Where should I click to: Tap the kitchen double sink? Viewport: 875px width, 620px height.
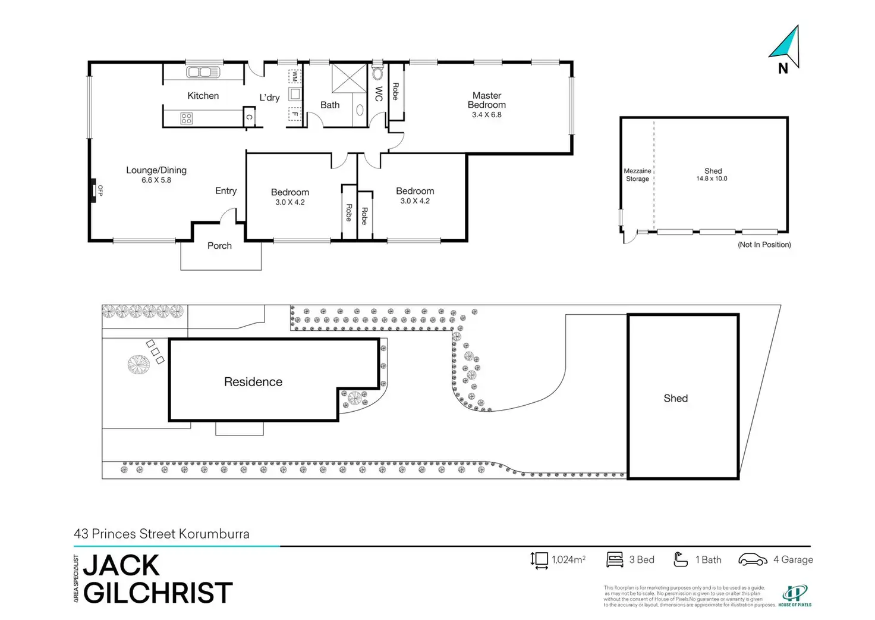[203, 73]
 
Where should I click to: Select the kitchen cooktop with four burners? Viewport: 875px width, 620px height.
[186, 118]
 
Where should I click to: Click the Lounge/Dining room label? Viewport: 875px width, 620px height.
[156, 170]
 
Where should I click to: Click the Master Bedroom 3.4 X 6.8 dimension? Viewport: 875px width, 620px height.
[487, 115]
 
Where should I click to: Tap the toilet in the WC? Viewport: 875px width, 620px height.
[377, 74]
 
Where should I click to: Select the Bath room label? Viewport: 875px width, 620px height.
[330, 105]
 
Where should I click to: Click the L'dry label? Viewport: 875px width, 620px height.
[269, 98]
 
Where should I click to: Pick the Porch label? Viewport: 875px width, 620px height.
[219, 246]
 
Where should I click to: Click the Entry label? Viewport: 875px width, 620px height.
[226, 191]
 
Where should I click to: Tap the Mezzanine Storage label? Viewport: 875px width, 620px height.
[637, 175]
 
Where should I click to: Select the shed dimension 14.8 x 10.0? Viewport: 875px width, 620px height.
[712, 179]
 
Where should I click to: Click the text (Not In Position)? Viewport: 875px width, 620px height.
[764, 245]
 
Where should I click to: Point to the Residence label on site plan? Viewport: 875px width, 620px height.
[253, 382]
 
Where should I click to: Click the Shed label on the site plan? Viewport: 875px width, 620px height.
[676, 399]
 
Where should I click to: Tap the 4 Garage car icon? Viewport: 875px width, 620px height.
[753, 560]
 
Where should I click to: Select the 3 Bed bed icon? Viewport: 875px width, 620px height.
[615, 560]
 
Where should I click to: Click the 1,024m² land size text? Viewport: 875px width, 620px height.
[568, 560]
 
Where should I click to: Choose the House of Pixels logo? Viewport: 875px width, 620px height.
[795, 596]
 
